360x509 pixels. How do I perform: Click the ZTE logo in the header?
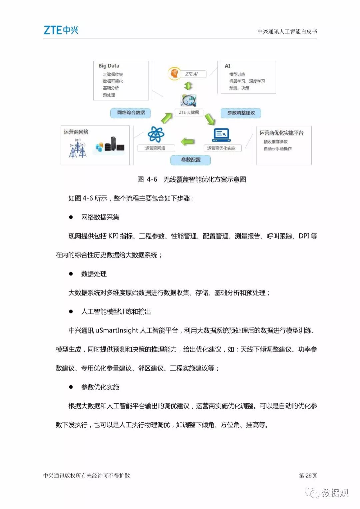(61, 30)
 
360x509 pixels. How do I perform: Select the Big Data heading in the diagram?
(109, 66)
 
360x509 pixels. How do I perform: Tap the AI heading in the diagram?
(227, 66)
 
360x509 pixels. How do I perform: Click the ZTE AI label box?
(191, 74)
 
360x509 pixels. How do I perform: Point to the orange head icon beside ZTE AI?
(174, 73)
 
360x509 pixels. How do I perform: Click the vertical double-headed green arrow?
(188, 86)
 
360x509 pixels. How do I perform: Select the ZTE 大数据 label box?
(189, 112)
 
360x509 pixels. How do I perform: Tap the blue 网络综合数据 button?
(131, 113)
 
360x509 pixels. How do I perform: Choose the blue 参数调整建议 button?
(241, 113)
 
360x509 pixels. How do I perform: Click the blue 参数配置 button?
(191, 160)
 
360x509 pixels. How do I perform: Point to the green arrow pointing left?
(188, 142)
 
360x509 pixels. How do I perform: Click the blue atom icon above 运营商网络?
(156, 134)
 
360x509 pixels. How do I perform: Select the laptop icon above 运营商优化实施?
(221, 135)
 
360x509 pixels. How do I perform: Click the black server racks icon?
(114, 144)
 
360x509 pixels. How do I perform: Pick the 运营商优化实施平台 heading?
(281, 133)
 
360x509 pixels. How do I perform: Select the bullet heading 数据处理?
(94, 274)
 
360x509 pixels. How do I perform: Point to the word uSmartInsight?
(117, 331)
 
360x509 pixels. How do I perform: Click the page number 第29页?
(307, 475)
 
